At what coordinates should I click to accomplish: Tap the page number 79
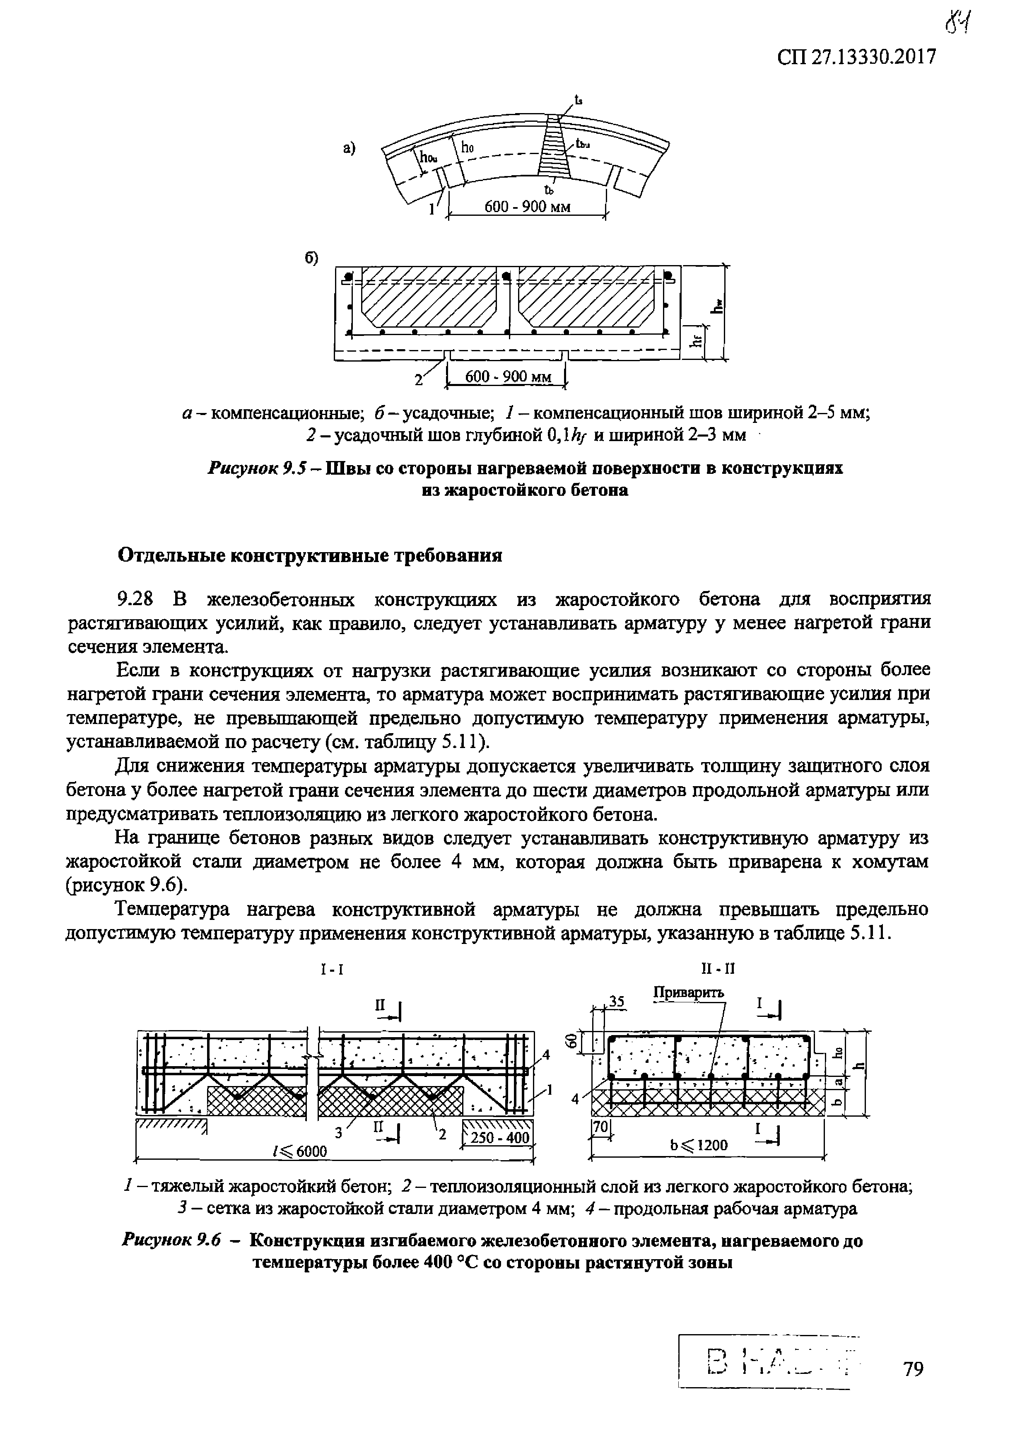pos(913,1369)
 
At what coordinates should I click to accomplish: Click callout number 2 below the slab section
pos(418,380)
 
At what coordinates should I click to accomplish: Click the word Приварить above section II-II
pos(689,992)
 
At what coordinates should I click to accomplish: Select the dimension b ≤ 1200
pos(699,1145)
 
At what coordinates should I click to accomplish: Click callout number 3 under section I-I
pos(338,1133)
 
